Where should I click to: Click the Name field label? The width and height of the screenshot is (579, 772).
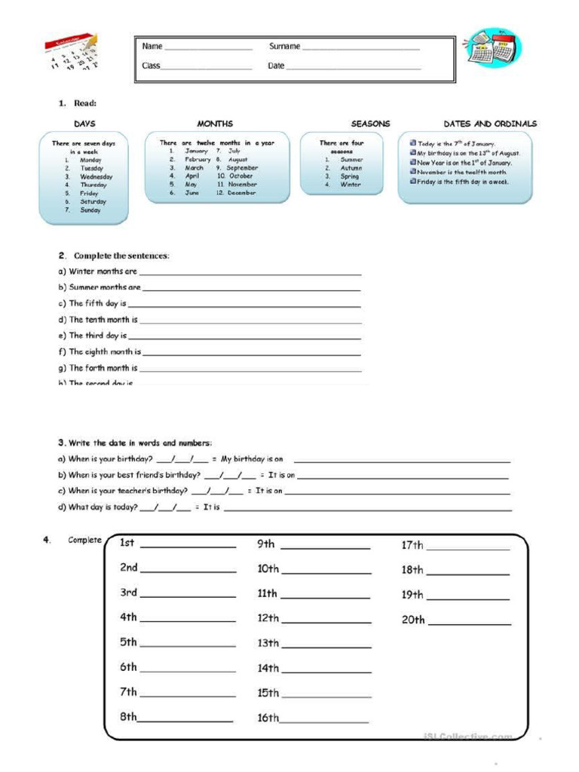(152, 47)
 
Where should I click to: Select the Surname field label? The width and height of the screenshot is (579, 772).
(285, 47)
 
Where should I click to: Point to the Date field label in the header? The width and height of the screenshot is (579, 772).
(276, 66)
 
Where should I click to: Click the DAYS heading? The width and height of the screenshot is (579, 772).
(84, 124)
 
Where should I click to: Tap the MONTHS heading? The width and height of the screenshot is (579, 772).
(215, 124)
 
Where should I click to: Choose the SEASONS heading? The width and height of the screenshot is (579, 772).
(370, 124)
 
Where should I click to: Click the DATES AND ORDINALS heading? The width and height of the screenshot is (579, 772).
(490, 124)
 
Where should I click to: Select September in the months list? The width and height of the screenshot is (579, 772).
(242, 168)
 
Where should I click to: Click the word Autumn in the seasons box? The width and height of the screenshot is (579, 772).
(351, 168)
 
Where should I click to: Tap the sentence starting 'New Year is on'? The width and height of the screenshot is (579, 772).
(464, 163)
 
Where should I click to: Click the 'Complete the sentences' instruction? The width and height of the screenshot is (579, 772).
(121, 256)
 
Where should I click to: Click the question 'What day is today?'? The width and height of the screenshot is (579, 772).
(103, 507)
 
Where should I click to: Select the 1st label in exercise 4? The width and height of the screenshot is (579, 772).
(127, 544)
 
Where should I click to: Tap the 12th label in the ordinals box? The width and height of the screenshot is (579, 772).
(268, 618)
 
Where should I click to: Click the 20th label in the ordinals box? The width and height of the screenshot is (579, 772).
(413, 620)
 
